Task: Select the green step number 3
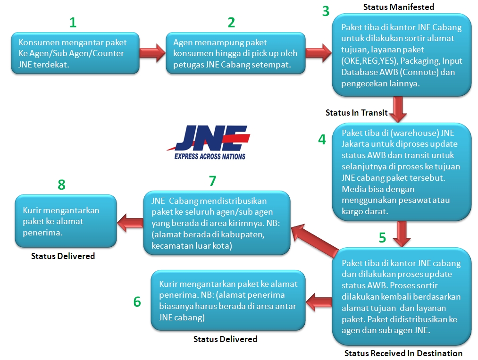tap(326, 11)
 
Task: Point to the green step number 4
tap(322, 140)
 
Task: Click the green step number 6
tap(137, 302)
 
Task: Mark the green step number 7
tap(212, 181)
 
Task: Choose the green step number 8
tap(61, 184)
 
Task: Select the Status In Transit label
tap(356, 113)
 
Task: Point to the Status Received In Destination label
tap(403, 353)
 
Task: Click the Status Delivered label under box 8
tap(63, 256)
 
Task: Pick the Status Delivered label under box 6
tap(225, 339)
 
